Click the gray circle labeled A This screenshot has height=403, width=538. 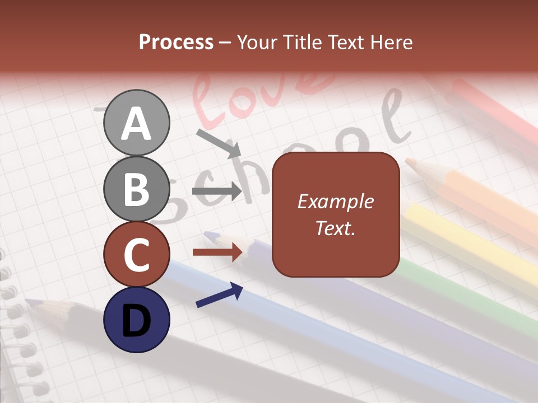[x=136, y=123]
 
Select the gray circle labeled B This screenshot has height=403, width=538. [x=136, y=189]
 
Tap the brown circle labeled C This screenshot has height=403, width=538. [x=136, y=255]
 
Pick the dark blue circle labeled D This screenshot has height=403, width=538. [x=136, y=320]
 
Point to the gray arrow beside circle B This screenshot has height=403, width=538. [x=217, y=191]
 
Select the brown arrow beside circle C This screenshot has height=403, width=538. [x=217, y=252]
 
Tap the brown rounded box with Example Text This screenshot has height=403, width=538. [x=336, y=215]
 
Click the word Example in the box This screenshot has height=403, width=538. [x=335, y=201]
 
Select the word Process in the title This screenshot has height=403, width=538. [x=176, y=42]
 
